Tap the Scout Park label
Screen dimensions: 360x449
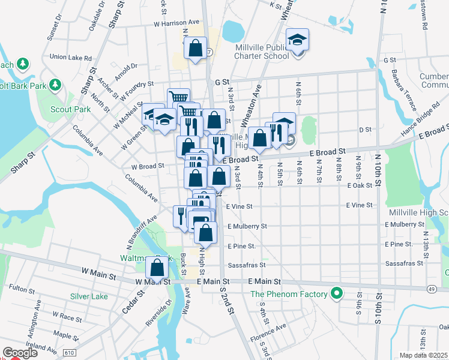tap(70, 109)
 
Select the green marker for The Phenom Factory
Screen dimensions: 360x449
tap(337, 294)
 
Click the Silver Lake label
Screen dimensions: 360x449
tap(89, 296)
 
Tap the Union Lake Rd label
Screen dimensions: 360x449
tap(71, 58)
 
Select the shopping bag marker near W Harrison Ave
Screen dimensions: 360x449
tap(196, 48)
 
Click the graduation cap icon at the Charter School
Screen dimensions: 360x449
tap(296, 40)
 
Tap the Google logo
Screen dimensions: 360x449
tap(20, 353)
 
